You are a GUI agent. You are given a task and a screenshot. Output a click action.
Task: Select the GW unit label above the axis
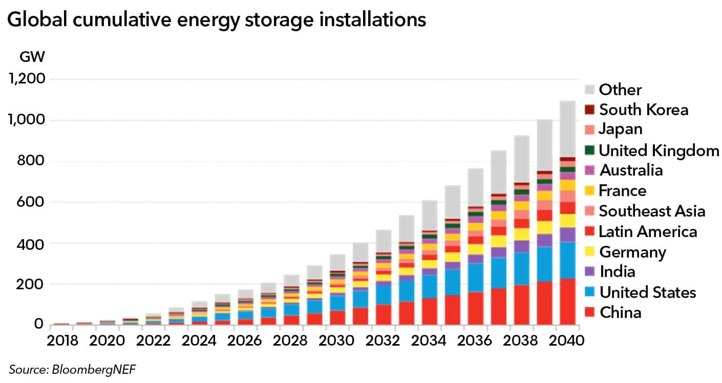click(32, 57)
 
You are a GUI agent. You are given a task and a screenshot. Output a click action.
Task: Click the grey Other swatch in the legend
click(590, 90)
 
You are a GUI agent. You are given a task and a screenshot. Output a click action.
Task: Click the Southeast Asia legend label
click(652, 211)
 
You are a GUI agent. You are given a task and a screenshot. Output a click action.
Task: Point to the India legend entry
click(617, 271)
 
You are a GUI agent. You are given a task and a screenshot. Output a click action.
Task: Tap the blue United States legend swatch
click(590, 292)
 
